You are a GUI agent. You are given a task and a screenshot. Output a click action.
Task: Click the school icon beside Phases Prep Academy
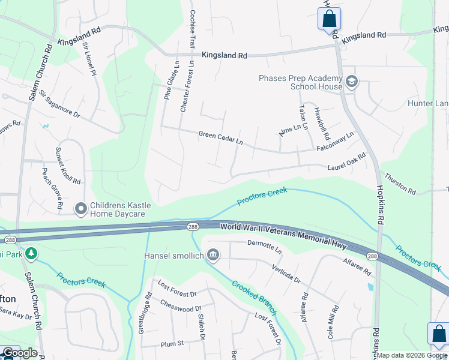pyautogui.click(x=351, y=82)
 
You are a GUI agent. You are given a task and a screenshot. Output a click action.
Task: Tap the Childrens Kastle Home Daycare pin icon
pyautogui.click(x=81, y=209)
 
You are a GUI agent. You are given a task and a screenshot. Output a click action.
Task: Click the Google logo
pyautogui.click(x=20, y=353)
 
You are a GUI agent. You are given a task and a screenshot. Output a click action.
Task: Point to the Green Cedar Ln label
pyautogui.click(x=221, y=139)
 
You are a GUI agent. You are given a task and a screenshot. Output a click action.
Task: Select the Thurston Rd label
pyautogui.click(x=400, y=184)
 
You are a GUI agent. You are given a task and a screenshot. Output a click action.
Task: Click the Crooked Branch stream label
pyautogui.click(x=254, y=298)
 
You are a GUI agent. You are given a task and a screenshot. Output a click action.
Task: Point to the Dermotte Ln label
pyautogui.click(x=264, y=246)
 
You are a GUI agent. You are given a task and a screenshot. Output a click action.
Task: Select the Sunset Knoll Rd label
pyautogui.click(x=68, y=165)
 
